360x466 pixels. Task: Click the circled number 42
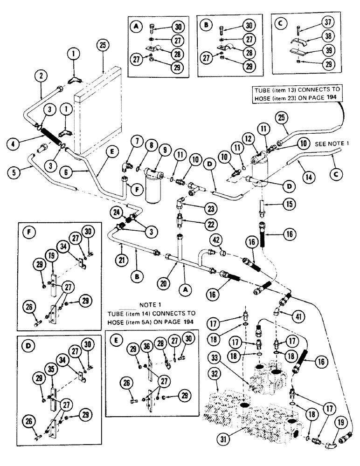pos(216,241)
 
